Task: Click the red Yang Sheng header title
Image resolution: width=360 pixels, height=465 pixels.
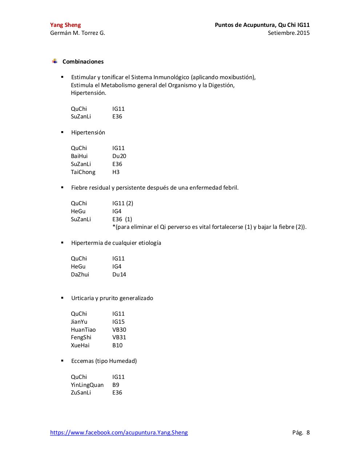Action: click(x=65, y=25)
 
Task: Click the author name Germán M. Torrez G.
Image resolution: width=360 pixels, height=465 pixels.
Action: click(x=77, y=33)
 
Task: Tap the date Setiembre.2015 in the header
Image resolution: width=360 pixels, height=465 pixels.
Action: click(x=289, y=33)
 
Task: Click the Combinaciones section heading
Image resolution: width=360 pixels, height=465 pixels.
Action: click(x=83, y=62)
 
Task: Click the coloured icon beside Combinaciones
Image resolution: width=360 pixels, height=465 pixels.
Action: click(x=55, y=61)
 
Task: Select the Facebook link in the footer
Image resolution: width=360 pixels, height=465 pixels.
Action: click(x=119, y=432)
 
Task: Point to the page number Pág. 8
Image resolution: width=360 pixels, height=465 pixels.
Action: click(x=301, y=432)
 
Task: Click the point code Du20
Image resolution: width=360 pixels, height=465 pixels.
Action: click(x=119, y=156)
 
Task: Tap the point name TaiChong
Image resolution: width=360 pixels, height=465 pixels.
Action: click(x=83, y=172)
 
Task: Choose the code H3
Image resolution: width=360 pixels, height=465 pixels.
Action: click(x=116, y=172)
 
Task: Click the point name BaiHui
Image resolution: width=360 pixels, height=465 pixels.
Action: click(x=79, y=156)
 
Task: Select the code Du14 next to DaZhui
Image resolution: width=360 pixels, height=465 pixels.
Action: click(x=119, y=275)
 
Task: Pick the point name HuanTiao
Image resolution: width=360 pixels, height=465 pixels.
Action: click(x=83, y=330)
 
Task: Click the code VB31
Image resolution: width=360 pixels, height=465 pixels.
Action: click(x=119, y=337)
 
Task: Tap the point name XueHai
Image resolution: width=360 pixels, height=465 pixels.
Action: click(x=80, y=345)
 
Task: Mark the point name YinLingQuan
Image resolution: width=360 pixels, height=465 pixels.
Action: click(x=87, y=385)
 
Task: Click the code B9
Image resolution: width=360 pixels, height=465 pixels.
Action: click(x=116, y=385)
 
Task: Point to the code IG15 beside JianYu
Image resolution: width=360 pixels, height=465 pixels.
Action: click(x=119, y=322)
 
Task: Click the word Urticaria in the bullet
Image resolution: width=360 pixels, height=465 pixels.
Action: click(x=83, y=298)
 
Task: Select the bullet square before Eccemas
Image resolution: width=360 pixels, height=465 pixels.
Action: click(x=62, y=361)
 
